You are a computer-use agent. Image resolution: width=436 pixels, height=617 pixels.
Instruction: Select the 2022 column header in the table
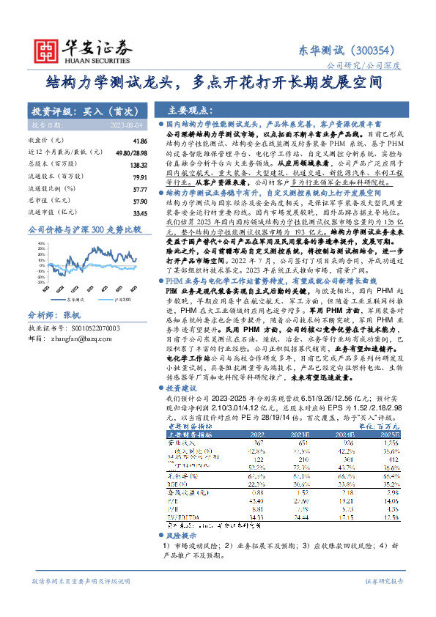(278, 434)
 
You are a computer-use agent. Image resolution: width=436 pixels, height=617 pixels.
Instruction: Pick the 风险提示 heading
(180, 536)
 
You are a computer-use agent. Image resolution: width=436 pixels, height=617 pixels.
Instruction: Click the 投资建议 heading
(182, 387)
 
